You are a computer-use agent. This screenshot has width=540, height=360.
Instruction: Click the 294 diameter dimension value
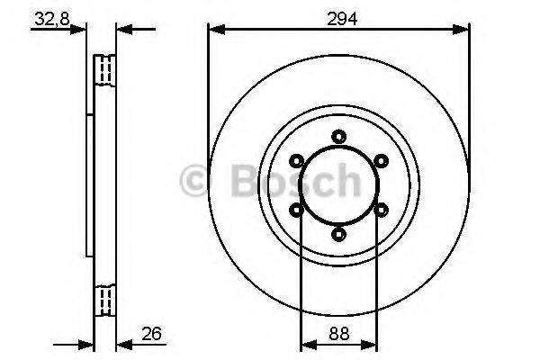click(x=338, y=18)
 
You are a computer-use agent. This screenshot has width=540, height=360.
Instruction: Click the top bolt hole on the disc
click(x=338, y=136)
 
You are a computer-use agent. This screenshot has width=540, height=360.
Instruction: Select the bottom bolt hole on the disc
click(x=338, y=234)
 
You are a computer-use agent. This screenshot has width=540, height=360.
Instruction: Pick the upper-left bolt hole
click(x=296, y=161)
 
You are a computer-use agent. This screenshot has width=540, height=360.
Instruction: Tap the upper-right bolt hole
click(x=381, y=161)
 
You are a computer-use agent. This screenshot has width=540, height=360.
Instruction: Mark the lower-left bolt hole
click(x=296, y=210)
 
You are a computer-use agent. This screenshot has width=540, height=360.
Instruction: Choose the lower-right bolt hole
click(x=381, y=210)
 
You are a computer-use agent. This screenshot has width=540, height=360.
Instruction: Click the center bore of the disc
click(x=338, y=185)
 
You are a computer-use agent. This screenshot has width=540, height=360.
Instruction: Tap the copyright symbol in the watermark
click(x=197, y=181)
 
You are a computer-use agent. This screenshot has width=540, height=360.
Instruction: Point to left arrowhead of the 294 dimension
click(x=214, y=30)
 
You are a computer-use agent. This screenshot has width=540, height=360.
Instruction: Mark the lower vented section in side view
click(x=106, y=299)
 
